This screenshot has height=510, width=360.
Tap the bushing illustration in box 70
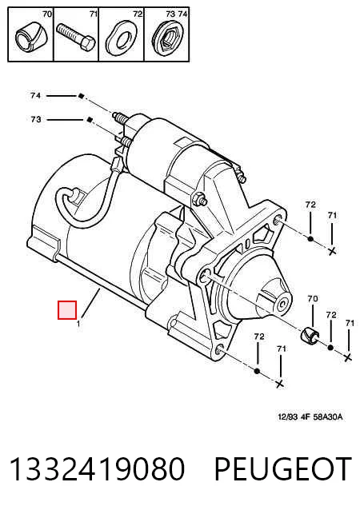30,37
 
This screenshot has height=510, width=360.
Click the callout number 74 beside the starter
35,96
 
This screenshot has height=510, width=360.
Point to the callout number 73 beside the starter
36,119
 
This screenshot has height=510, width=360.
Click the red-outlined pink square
67,310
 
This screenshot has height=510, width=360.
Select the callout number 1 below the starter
78,324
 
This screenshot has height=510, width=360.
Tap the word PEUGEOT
283,468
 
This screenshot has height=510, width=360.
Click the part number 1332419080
97,468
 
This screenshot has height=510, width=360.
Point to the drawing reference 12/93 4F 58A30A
310,416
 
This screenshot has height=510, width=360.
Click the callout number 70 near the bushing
313,298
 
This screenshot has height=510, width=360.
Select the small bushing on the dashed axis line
310,336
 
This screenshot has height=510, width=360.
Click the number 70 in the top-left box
47,14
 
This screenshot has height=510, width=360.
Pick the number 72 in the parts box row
138,14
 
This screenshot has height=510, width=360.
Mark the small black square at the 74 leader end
81,96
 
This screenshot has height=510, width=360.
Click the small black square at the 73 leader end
90,120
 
